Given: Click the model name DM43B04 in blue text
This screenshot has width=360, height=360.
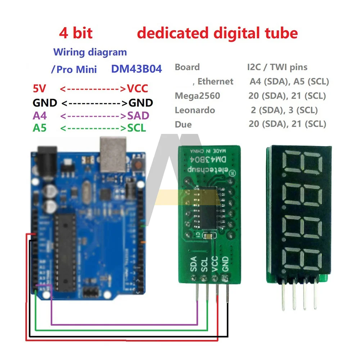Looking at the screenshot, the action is click(x=136, y=69).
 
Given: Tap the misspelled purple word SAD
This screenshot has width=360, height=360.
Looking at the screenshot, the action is click(x=138, y=116).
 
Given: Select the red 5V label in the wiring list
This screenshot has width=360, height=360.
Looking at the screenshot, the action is click(x=40, y=89).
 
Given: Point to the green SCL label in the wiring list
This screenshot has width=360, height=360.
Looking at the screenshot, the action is click(x=137, y=128).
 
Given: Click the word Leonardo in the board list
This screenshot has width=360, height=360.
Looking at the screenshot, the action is click(x=195, y=110).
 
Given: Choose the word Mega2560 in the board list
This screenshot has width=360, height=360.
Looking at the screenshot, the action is click(x=197, y=96).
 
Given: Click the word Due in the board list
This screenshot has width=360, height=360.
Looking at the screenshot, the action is click(x=183, y=125).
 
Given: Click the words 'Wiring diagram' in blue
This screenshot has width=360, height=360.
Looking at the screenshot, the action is click(x=90, y=52).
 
